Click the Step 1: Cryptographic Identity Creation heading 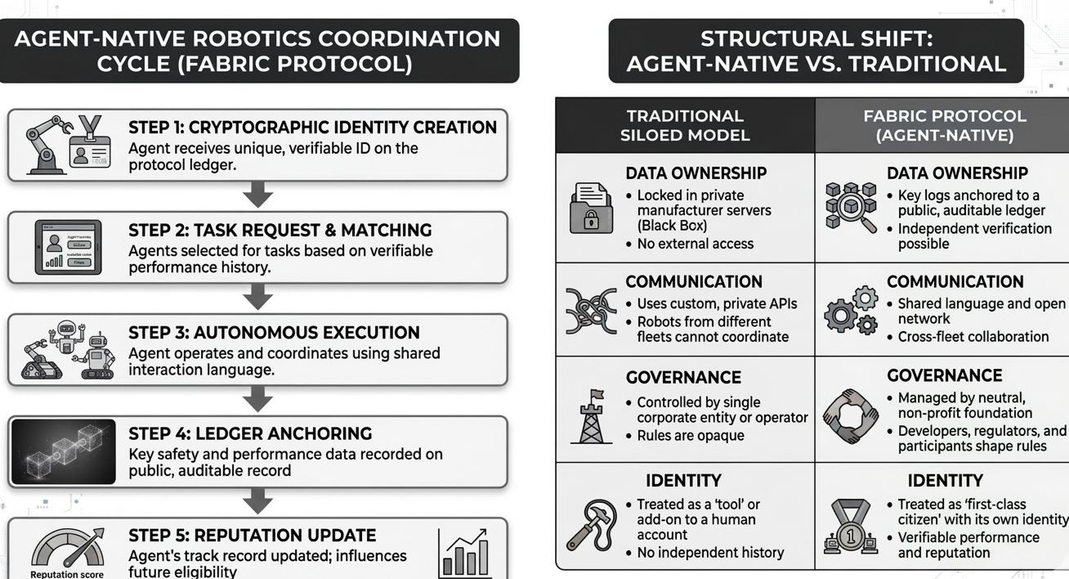point(312,128)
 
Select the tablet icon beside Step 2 point(69,247)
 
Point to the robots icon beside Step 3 point(67,350)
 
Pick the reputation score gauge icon point(67,550)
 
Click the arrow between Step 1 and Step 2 point(257,195)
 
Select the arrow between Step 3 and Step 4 point(257,399)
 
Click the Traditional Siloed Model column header point(685,125)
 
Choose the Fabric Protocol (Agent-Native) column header point(944,125)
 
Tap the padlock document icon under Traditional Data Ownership point(591,209)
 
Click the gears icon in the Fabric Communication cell point(850,310)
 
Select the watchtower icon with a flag point(592,416)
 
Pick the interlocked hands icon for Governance point(850,415)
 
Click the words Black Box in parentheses point(672,226)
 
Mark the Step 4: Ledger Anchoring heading point(250,433)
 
